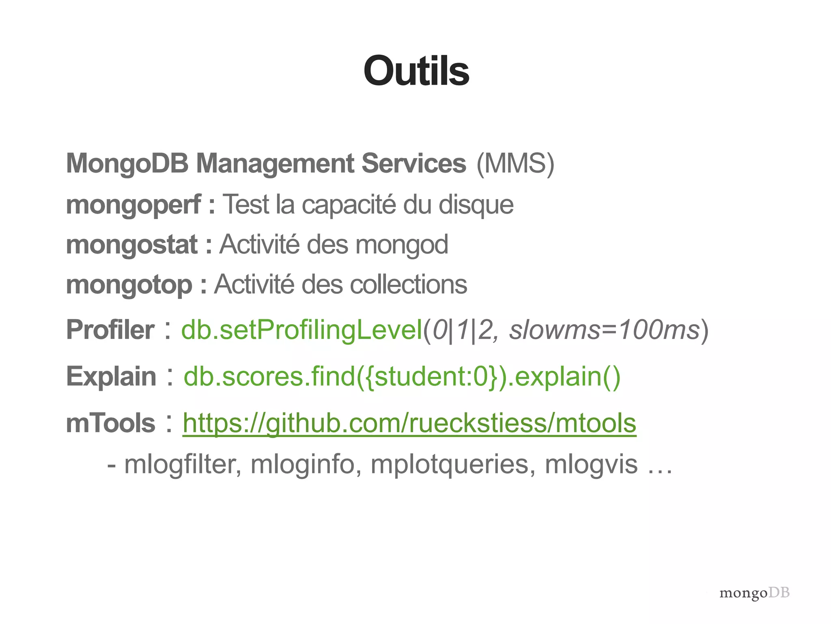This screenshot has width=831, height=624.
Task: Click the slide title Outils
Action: point(416,71)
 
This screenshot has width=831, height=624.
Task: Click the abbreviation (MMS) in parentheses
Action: point(515,164)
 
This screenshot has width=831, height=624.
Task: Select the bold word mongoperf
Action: point(133,204)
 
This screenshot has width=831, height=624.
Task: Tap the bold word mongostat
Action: point(132,245)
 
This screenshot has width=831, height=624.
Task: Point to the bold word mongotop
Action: point(129,284)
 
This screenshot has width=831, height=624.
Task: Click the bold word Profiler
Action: point(110,329)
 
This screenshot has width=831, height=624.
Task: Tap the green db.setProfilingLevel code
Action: point(302,329)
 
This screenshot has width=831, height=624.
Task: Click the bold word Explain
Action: point(111,376)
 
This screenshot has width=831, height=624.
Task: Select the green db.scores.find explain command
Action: point(402,376)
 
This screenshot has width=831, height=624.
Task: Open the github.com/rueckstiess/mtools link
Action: point(409,423)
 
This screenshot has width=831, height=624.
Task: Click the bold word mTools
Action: point(110,423)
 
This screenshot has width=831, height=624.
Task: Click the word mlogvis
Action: point(591,464)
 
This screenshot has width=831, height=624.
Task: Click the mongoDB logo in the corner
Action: point(754,593)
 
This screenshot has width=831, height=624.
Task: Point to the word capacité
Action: point(349,204)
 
